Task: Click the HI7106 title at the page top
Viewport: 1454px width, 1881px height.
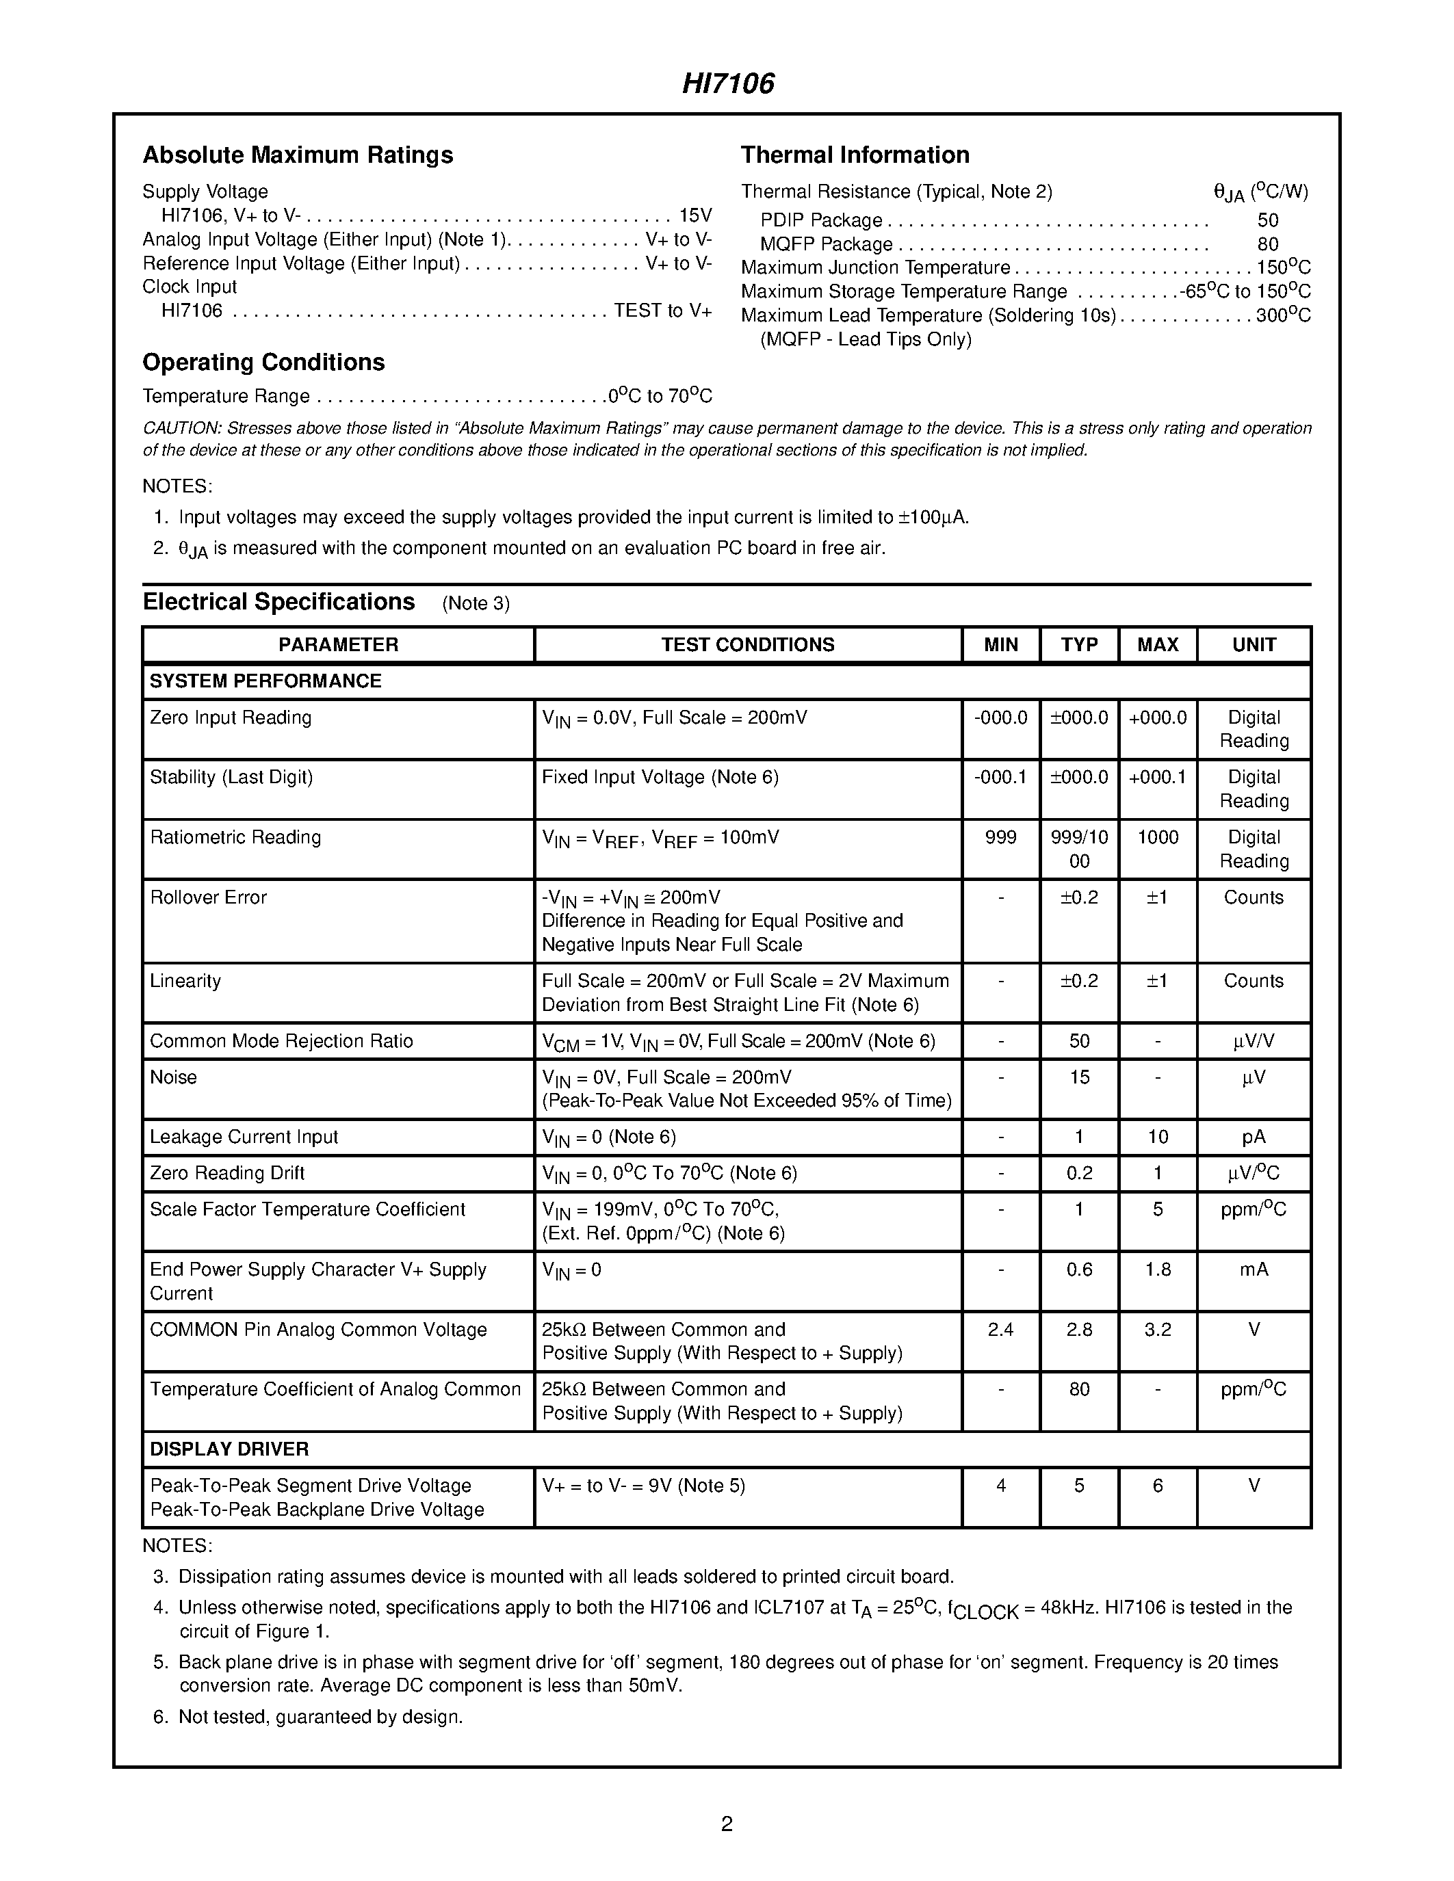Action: (728, 83)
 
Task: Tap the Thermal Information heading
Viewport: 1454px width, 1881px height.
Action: (855, 155)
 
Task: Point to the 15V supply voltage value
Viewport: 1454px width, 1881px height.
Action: (695, 215)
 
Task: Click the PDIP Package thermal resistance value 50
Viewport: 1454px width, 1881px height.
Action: (1267, 220)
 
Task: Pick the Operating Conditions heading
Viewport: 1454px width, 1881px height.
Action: (263, 362)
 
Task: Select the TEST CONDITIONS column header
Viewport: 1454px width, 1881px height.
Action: (748, 644)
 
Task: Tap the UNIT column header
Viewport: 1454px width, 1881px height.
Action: (1254, 644)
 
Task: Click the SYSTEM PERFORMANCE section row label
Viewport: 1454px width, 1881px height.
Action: (265, 681)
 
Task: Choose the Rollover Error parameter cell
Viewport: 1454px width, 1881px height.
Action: (209, 897)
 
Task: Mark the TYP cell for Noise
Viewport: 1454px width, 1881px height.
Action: (1079, 1077)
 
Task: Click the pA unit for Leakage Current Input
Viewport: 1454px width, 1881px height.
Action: (1254, 1137)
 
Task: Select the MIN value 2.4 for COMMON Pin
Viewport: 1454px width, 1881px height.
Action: (1000, 1330)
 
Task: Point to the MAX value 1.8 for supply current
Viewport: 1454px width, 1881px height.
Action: (1158, 1270)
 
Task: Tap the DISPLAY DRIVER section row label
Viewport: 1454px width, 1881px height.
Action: (229, 1449)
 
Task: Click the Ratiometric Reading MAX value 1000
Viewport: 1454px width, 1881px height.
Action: (1158, 837)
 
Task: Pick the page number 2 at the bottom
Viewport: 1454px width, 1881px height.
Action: (726, 1824)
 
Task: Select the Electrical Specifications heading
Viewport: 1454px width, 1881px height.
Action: (278, 601)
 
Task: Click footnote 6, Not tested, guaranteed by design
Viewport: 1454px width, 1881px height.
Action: (320, 1717)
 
